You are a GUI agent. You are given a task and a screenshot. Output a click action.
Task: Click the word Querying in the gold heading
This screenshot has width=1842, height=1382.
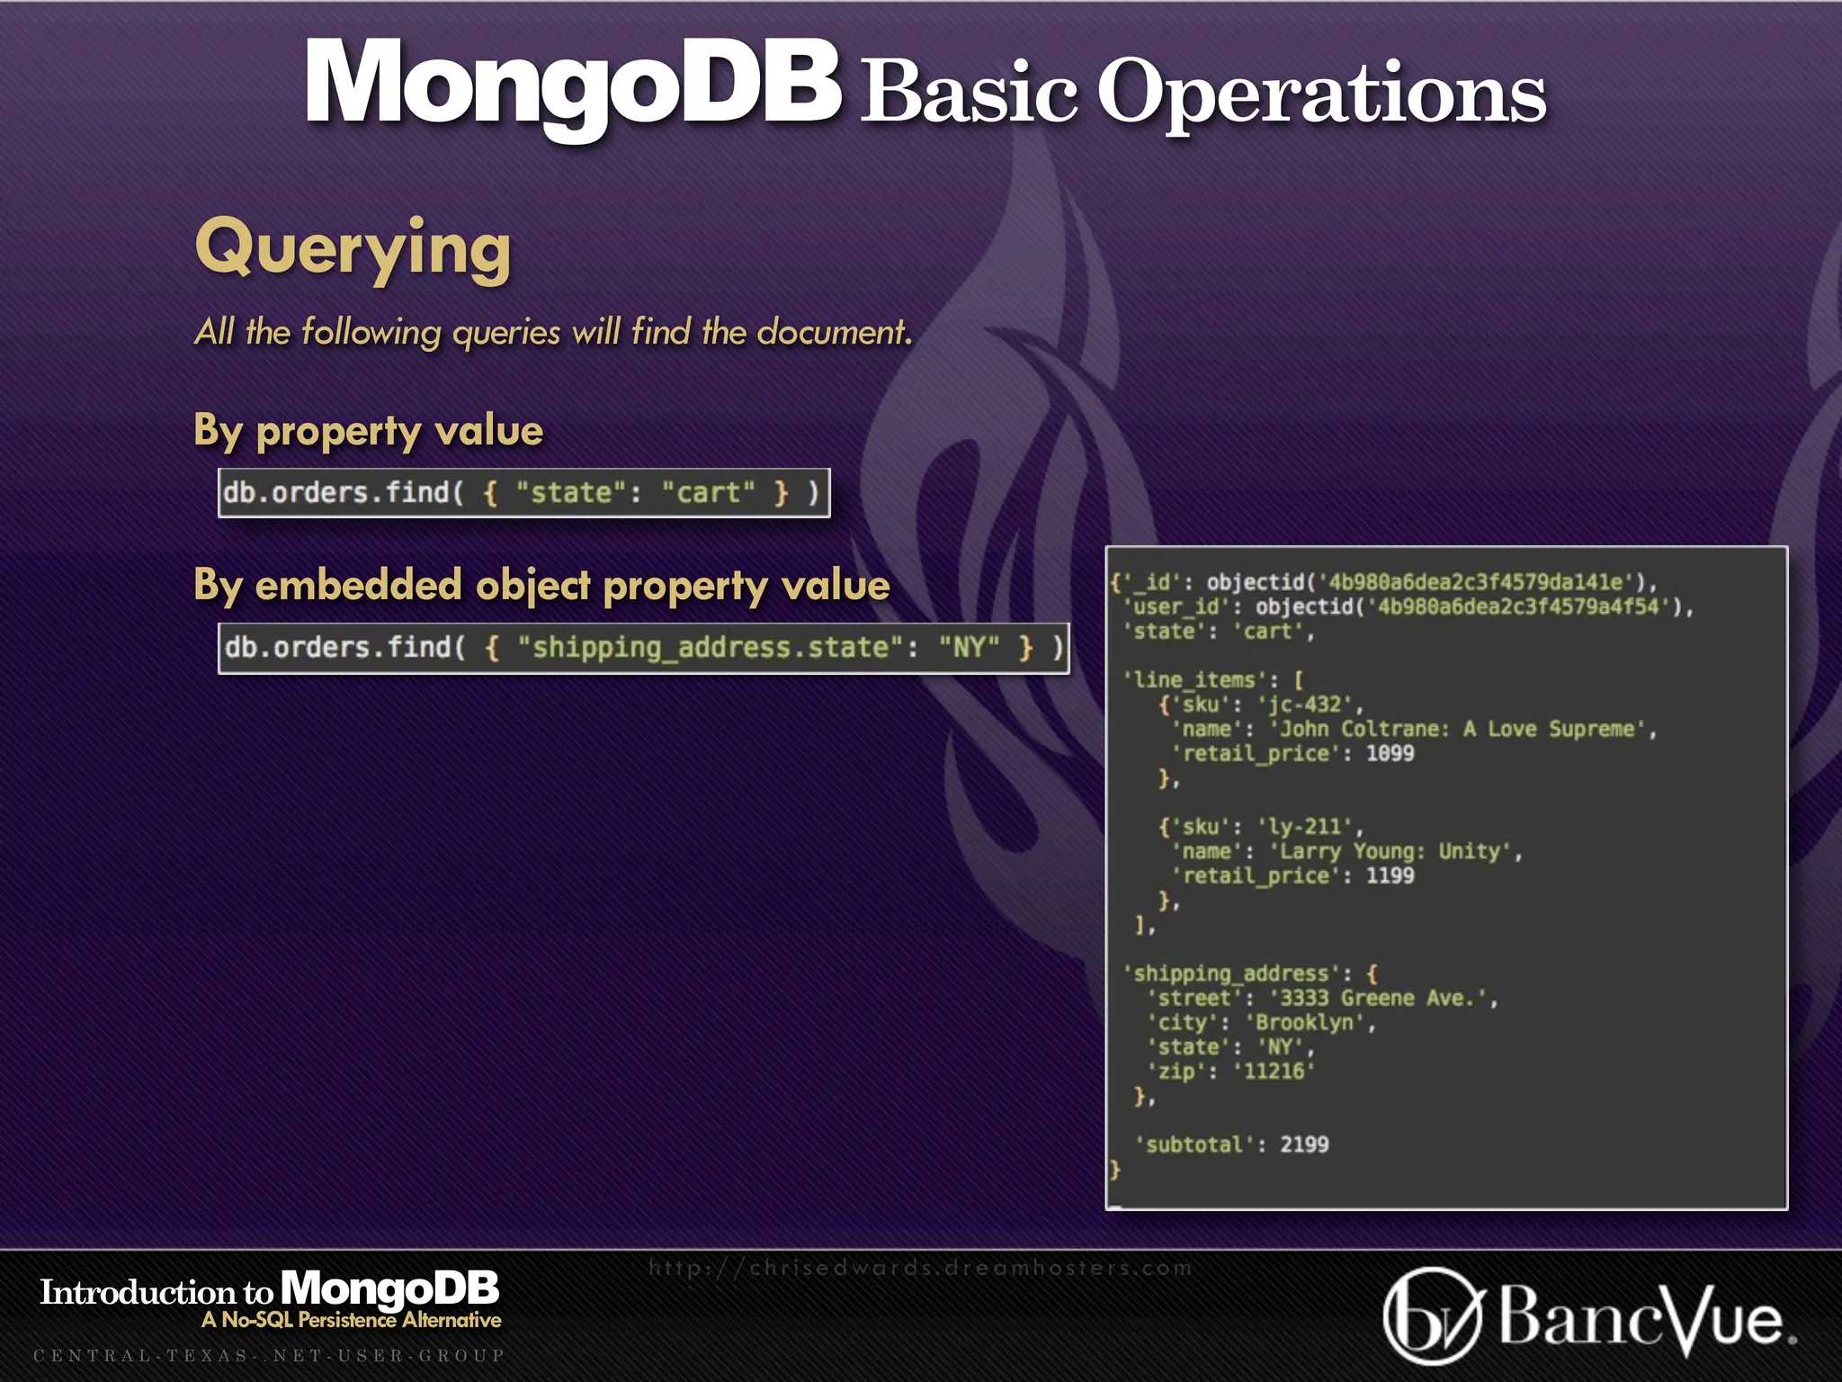pyautogui.click(x=353, y=249)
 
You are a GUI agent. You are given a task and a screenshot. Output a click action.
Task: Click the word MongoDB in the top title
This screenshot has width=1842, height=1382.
pyautogui.click(x=573, y=85)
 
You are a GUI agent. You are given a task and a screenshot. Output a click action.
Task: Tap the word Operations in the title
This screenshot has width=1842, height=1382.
pyautogui.click(x=1321, y=94)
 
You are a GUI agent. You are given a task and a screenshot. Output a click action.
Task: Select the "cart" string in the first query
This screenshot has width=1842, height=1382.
pyautogui.click(x=708, y=493)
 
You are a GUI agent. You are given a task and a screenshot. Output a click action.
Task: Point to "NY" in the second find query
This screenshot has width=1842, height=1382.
pyautogui.click(x=969, y=648)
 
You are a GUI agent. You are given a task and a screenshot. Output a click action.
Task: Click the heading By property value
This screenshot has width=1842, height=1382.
pyautogui.click(x=368, y=431)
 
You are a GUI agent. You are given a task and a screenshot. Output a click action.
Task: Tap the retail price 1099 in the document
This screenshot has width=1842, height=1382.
pyautogui.click(x=1390, y=753)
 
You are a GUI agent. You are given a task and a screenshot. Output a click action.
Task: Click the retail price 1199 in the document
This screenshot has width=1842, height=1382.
pyautogui.click(x=1390, y=875)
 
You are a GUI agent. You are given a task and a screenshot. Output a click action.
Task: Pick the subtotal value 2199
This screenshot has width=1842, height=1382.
pyautogui.click(x=1304, y=1144)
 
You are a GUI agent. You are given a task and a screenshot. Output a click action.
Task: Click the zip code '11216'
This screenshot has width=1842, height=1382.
pyautogui.click(x=1274, y=1071)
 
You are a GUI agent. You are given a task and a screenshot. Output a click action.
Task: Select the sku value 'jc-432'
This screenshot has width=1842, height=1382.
pyautogui.click(x=1309, y=704)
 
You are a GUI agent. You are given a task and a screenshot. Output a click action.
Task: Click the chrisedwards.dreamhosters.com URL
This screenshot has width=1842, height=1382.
pyautogui.click(x=920, y=1268)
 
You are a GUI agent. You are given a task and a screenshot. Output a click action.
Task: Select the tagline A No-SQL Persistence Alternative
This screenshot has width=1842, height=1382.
pyautogui.click(x=352, y=1320)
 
